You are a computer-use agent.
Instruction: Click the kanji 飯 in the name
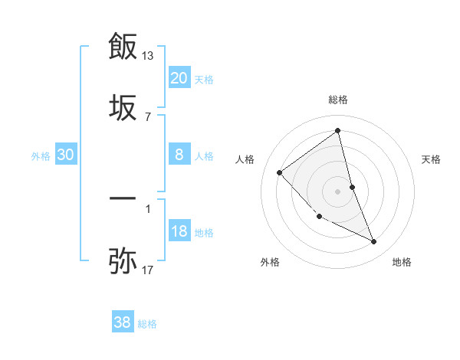click(123, 46)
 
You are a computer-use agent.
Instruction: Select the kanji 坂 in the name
click(123, 107)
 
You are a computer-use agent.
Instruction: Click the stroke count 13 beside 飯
click(148, 56)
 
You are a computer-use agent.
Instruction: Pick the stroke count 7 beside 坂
click(148, 116)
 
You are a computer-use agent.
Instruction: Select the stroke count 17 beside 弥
click(148, 270)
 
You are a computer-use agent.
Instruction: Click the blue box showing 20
click(179, 78)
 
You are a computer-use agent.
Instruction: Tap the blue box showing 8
click(179, 155)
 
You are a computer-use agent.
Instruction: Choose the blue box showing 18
click(179, 231)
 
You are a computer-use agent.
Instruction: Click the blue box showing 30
click(66, 155)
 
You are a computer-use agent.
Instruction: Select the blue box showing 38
click(123, 322)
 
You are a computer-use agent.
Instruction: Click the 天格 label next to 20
click(204, 80)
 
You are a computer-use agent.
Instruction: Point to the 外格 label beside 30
click(41, 156)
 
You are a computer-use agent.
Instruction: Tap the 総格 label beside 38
click(147, 324)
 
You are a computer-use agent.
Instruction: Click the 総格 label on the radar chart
click(338, 100)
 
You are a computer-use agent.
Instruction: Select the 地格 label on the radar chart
click(402, 263)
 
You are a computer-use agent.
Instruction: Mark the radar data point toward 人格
click(280, 172)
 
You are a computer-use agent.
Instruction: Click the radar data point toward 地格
click(374, 242)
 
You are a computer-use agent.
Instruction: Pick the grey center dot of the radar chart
click(338, 191)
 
